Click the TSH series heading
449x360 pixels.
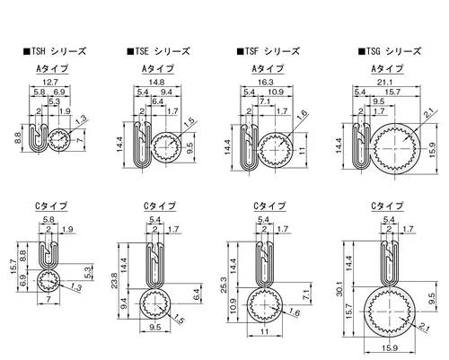click(55, 51)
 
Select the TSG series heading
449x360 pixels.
click(390, 51)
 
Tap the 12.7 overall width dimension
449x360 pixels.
click(50, 82)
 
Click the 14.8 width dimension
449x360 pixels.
click(157, 82)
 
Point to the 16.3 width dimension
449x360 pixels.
click(266, 82)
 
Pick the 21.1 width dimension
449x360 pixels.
click(384, 82)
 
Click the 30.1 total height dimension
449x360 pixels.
click(339, 289)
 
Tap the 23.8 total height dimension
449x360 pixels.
click(115, 281)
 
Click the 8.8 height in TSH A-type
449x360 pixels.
click(18, 138)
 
